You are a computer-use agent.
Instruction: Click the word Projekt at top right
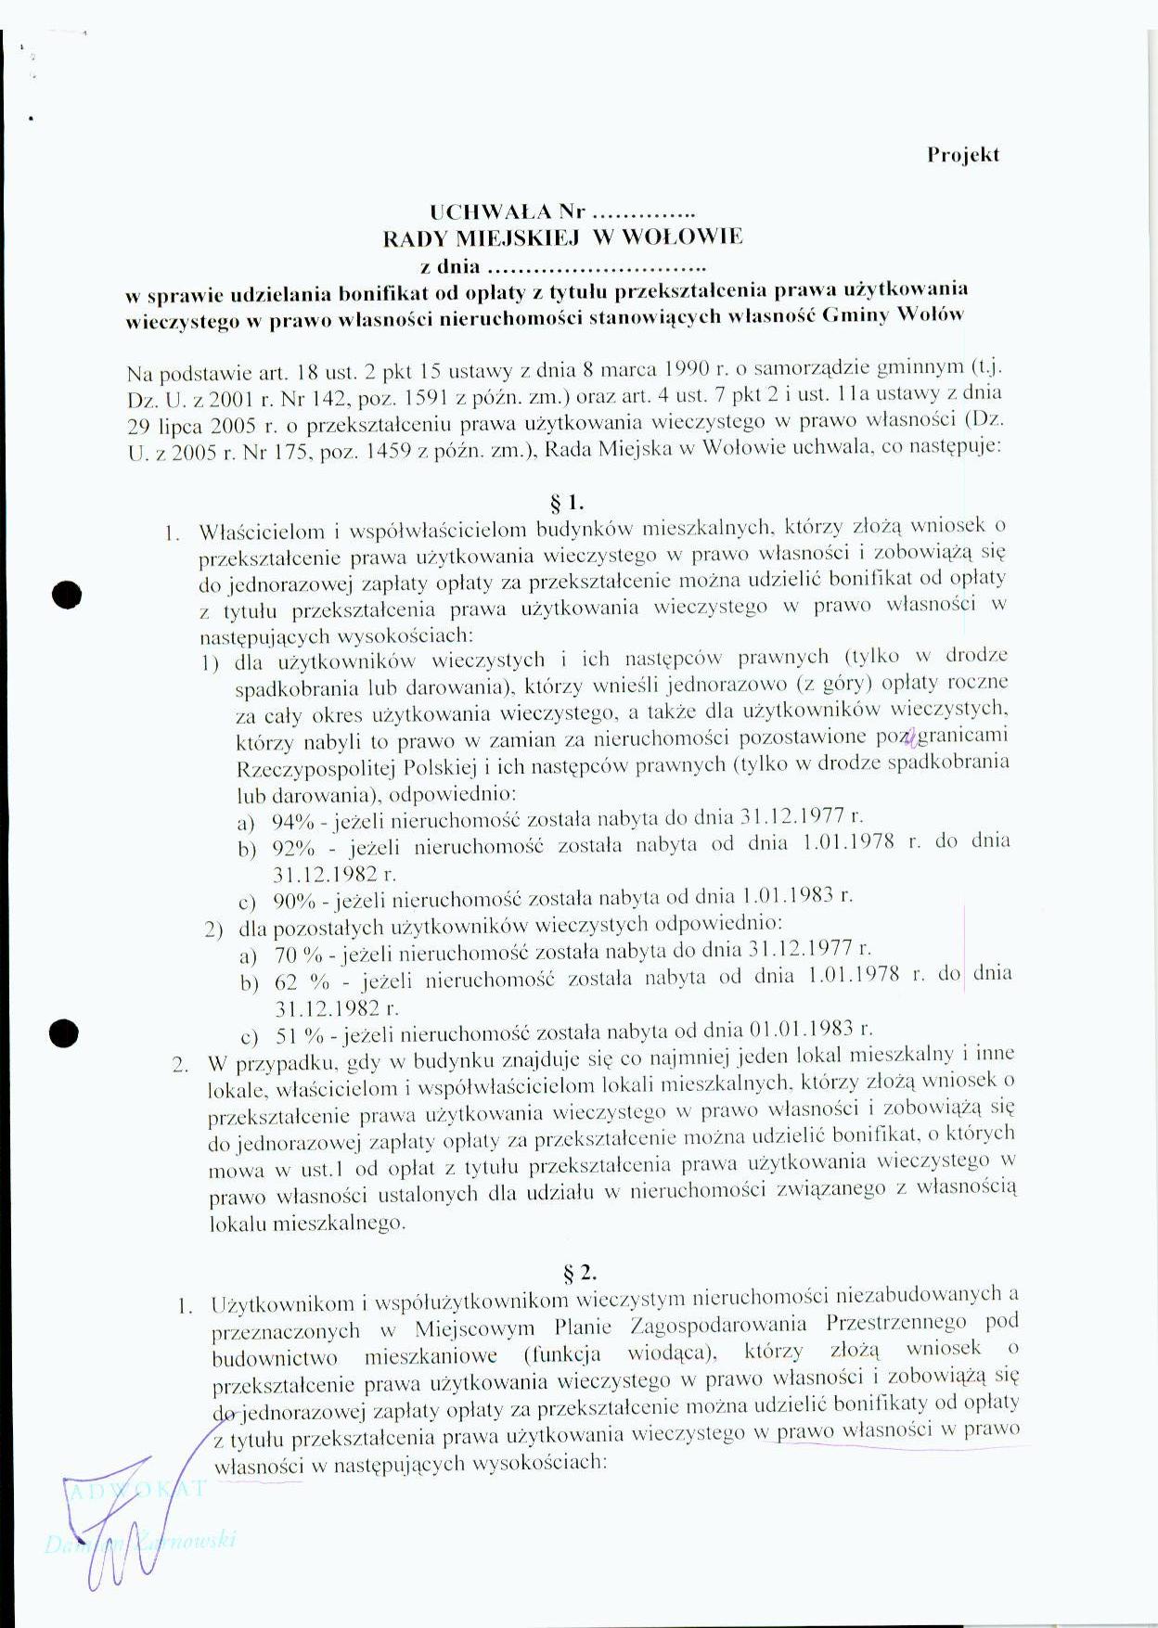click(x=962, y=156)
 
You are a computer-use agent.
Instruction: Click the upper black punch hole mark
click(x=68, y=595)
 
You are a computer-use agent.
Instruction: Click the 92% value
click(x=293, y=849)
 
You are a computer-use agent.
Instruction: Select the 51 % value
click(x=300, y=1035)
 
